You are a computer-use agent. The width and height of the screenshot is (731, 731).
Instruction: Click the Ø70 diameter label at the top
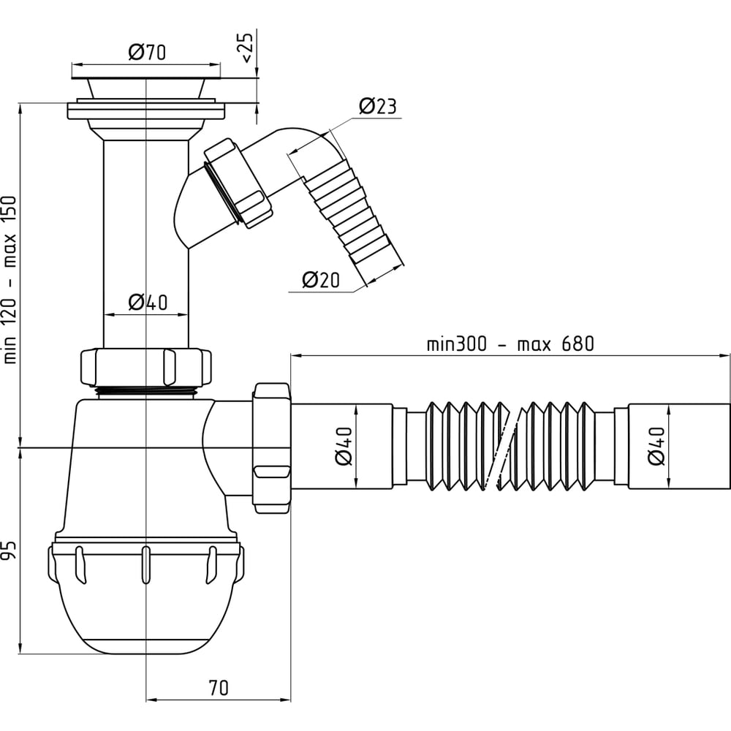coord(147,52)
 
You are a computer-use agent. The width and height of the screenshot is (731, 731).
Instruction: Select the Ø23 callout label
coord(378,106)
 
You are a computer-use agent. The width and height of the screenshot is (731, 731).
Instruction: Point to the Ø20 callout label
coord(321,280)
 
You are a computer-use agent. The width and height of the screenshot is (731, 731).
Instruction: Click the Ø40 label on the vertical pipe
coord(148,303)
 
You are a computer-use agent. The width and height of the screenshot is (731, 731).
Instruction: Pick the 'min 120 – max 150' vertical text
coord(10,280)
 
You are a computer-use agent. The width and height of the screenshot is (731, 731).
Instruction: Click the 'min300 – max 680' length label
coord(510,344)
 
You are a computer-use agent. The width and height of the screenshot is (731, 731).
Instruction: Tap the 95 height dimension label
coord(10,550)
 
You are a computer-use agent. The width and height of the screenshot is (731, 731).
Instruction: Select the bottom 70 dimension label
coord(219,688)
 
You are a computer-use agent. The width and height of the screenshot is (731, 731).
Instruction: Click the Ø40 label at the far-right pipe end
coord(656,446)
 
